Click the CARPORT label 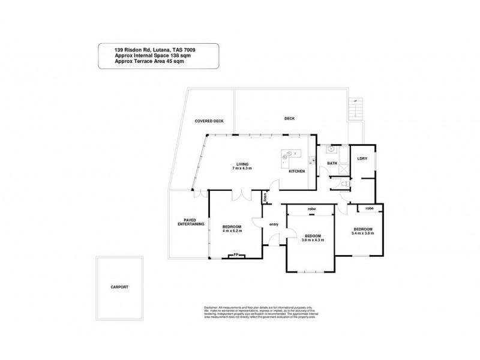pyautogui.click(x=120, y=287)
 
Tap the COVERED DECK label pyautogui.click(x=209, y=121)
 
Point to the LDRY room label pyautogui.click(x=362, y=158)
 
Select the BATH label pyautogui.click(x=331, y=163)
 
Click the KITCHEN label pyautogui.click(x=297, y=172)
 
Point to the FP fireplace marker pyautogui.click(x=236, y=254)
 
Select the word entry pyautogui.click(x=274, y=224)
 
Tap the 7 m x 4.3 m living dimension pyautogui.click(x=242, y=168)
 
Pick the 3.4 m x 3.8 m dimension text pyautogui.click(x=363, y=233)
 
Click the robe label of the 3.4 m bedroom pyautogui.click(x=370, y=208)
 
